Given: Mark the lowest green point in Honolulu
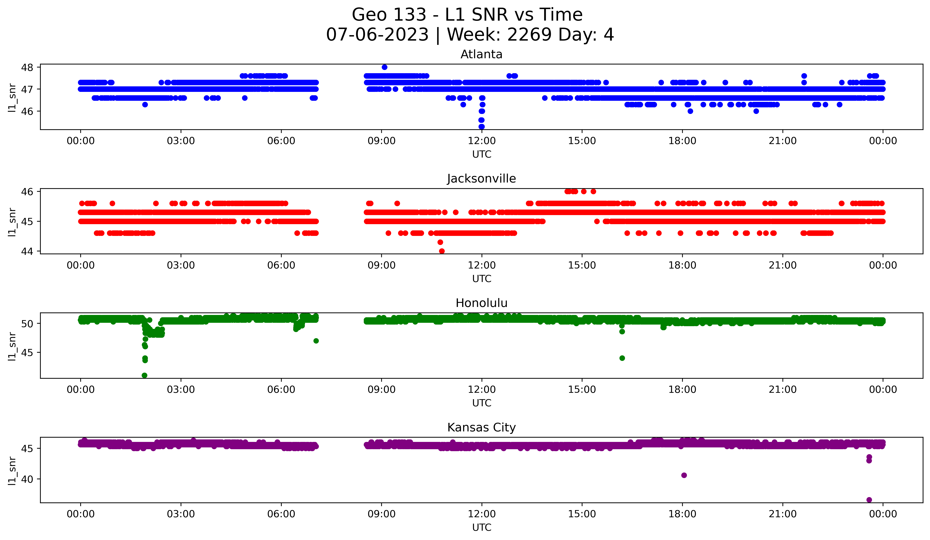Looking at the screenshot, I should [145, 375].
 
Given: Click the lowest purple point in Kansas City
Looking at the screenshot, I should [869, 500].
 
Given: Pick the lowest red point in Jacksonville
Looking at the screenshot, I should [442, 251].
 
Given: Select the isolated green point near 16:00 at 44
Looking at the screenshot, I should [622, 358].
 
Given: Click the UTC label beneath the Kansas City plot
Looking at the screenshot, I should [482, 528].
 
